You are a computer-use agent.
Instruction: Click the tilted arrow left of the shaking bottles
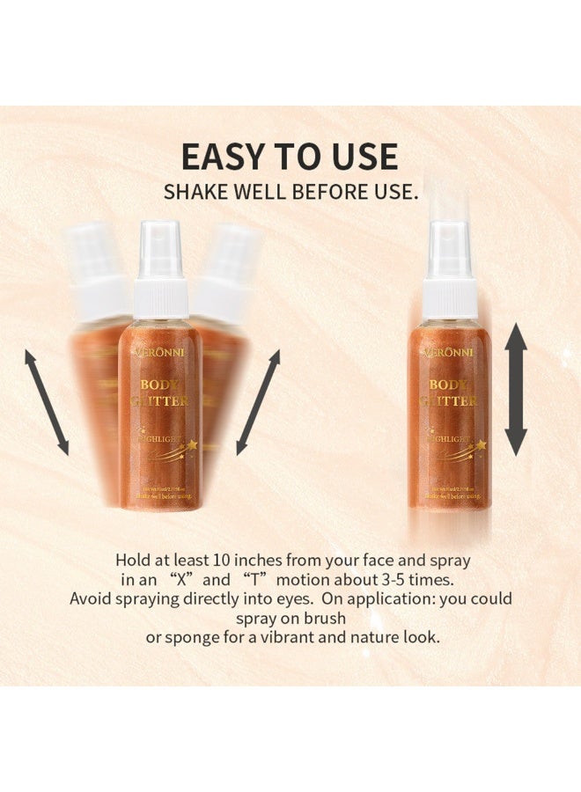(46, 402)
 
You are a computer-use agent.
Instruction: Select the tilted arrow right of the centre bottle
(258, 402)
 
